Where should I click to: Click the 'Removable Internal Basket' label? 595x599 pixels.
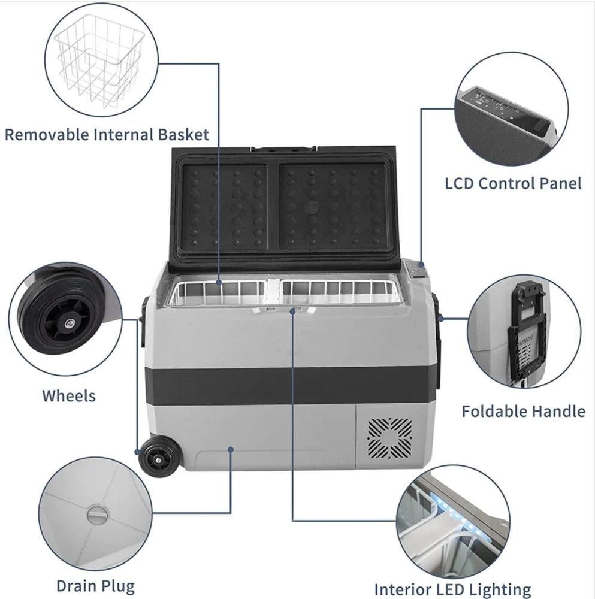click(x=107, y=134)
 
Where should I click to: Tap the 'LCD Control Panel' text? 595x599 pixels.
click(x=514, y=183)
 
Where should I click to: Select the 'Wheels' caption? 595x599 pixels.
click(x=69, y=396)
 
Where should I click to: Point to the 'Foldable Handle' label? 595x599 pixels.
click(x=523, y=411)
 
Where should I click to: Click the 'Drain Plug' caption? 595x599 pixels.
click(x=95, y=586)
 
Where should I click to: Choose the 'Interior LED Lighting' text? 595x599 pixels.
click(x=452, y=589)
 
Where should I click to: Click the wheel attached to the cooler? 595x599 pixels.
click(x=156, y=457)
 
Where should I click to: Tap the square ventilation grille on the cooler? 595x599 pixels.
click(x=390, y=438)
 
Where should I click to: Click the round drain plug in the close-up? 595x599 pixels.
click(x=98, y=515)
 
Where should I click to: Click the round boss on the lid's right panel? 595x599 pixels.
click(x=312, y=207)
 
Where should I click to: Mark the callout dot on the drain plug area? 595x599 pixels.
click(x=231, y=450)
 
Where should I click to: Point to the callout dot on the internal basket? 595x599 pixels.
click(x=219, y=283)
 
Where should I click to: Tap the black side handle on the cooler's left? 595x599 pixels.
click(x=143, y=319)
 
